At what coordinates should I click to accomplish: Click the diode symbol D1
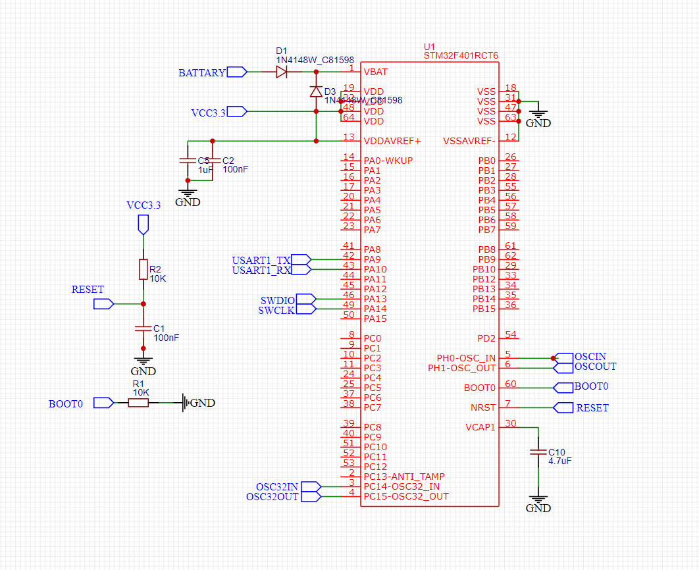(282, 72)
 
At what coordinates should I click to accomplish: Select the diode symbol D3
(316, 91)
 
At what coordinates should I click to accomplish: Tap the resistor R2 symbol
(143, 269)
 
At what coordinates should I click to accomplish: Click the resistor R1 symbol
(138, 402)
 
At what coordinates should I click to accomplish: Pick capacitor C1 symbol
(143, 328)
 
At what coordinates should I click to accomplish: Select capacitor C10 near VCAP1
(538, 453)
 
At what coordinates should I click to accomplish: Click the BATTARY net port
(202, 72)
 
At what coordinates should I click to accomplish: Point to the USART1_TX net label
(261, 260)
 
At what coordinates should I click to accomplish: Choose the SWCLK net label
(276, 310)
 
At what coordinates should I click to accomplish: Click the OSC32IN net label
(277, 486)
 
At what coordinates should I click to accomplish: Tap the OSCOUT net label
(595, 367)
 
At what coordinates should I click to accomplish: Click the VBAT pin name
(375, 72)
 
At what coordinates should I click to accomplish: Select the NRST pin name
(482, 407)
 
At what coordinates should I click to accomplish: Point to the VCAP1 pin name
(480, 427)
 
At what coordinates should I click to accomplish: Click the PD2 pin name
(486, 338)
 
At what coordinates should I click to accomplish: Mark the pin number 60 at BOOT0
(510, 384)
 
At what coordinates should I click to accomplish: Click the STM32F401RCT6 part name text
(461, 56)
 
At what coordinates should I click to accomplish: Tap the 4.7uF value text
(559, 461)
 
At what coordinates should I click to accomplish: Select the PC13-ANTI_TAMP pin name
(404, 477)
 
